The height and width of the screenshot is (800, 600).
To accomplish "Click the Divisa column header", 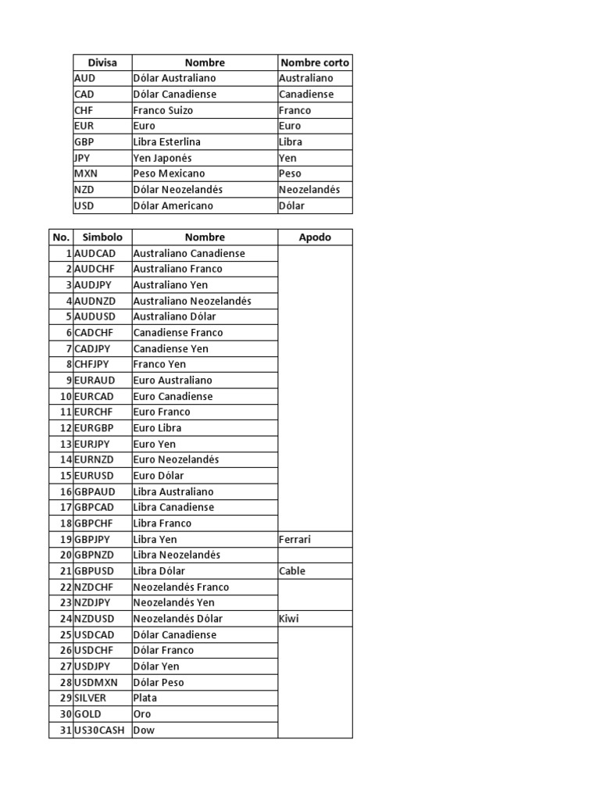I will point(102,62).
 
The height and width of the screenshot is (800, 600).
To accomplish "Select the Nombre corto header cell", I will point(315,62).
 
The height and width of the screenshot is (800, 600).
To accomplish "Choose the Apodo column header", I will point(315,237).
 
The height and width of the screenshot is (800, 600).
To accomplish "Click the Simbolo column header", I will point(102,237).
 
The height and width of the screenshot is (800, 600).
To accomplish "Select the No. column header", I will point(61,237).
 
